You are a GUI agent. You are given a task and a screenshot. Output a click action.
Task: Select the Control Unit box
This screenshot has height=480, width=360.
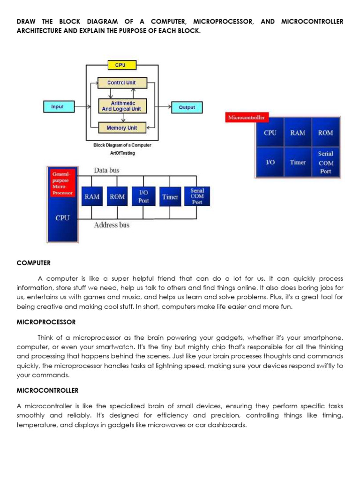tap(121, 83)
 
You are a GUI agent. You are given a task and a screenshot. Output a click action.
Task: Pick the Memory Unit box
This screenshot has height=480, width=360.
tap(122, 127)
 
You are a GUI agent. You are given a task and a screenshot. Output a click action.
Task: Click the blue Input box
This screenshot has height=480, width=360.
tap(57, 107)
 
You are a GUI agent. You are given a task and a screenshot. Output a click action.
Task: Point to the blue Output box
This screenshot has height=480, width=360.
tap(187, 107)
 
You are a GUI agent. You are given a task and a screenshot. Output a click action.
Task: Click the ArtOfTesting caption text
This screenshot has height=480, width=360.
tap(122, 153)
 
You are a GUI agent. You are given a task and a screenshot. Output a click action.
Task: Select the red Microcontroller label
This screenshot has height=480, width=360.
tap(246, 117)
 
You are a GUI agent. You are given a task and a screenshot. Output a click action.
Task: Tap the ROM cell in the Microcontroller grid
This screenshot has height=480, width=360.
tap(325, 133)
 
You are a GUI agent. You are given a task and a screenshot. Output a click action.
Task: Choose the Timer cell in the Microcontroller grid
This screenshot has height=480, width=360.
tap(298, 162)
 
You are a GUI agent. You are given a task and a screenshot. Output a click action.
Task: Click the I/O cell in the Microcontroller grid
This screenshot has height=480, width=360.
tap(270, 162)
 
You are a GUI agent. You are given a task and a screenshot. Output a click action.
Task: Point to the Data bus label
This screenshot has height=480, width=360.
tap(106, 170)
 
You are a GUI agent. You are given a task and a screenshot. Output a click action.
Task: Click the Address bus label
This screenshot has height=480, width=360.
tap(112, 225)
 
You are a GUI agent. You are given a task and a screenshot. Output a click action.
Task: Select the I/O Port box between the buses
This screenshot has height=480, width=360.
tap(143, 197)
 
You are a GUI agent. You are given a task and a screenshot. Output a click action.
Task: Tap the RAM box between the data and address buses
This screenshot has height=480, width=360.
tap(92, 197)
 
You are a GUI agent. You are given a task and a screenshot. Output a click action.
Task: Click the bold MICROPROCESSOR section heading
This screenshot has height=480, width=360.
tap(46, 322)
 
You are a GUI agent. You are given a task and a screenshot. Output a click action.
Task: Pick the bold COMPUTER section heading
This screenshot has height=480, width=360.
tap(33, 263)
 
